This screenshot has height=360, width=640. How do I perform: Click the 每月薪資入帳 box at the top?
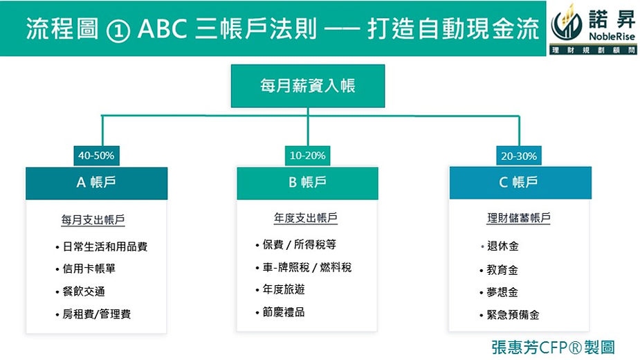click(x=308, y=86)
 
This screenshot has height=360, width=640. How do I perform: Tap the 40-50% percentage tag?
click(x=96, y=156)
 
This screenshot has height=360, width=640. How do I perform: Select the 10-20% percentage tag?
click(x=307, y=156)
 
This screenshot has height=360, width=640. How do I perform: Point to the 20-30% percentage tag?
click(x=519, y=156)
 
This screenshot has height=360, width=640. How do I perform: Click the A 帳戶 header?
click(x=96, y=183)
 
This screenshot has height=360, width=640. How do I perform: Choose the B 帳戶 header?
click(x=307, y=183)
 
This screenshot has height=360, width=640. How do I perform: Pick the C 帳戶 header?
click(x=520, y=182)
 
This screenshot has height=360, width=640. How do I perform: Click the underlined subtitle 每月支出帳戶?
click(x=93, y=220)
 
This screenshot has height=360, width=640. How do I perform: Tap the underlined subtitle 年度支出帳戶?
click(x=306, y=218)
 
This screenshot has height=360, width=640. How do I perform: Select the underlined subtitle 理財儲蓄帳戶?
click(x=519, y=218)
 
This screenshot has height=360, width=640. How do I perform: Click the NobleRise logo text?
click(x=612, y=37)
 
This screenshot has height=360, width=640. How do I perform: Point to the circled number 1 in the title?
click(x=118, y=30)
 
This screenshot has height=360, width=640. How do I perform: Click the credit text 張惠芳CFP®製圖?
click(x=553, y=348)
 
